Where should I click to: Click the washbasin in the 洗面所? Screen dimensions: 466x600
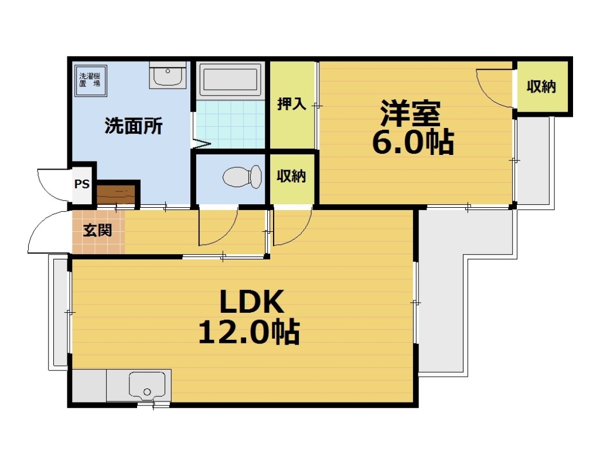(x=168, y=76)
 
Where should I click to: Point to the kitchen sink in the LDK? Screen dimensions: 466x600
(x=146, y=387)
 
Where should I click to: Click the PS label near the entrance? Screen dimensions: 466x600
(x=82, y=184)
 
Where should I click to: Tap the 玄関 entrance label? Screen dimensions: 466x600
(x=97, y=230)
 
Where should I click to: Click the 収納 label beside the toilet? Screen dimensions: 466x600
(x=291, y=176)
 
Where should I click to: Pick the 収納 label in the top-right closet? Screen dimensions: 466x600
(x=540, y=87)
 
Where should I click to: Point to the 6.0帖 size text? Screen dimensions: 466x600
(x=413, y=142)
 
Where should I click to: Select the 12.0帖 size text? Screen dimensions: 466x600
(x=249, y=332)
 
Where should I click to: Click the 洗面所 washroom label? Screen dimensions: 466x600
(x=134, y=126)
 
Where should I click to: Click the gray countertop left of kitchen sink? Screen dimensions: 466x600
(x=88, y=386)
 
